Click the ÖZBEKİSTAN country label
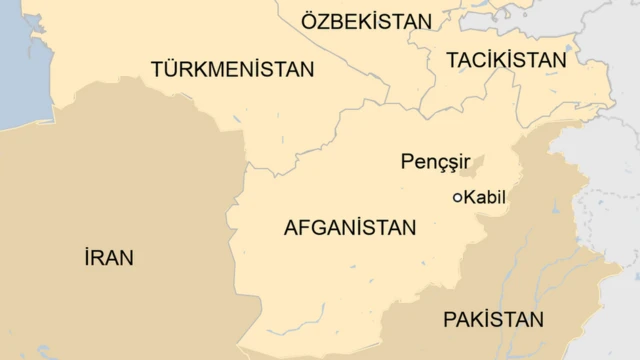pos(367,22)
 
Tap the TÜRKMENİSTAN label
pos(232,69)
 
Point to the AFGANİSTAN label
pos(349,228)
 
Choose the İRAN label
pos(109,258)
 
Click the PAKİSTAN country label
pos(493,320)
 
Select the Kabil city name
pos(485,198)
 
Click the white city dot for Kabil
pos(458,198)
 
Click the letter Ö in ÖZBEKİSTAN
pos(310,21)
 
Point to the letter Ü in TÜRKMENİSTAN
pos(171,69)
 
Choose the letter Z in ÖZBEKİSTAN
pos(326,22)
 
